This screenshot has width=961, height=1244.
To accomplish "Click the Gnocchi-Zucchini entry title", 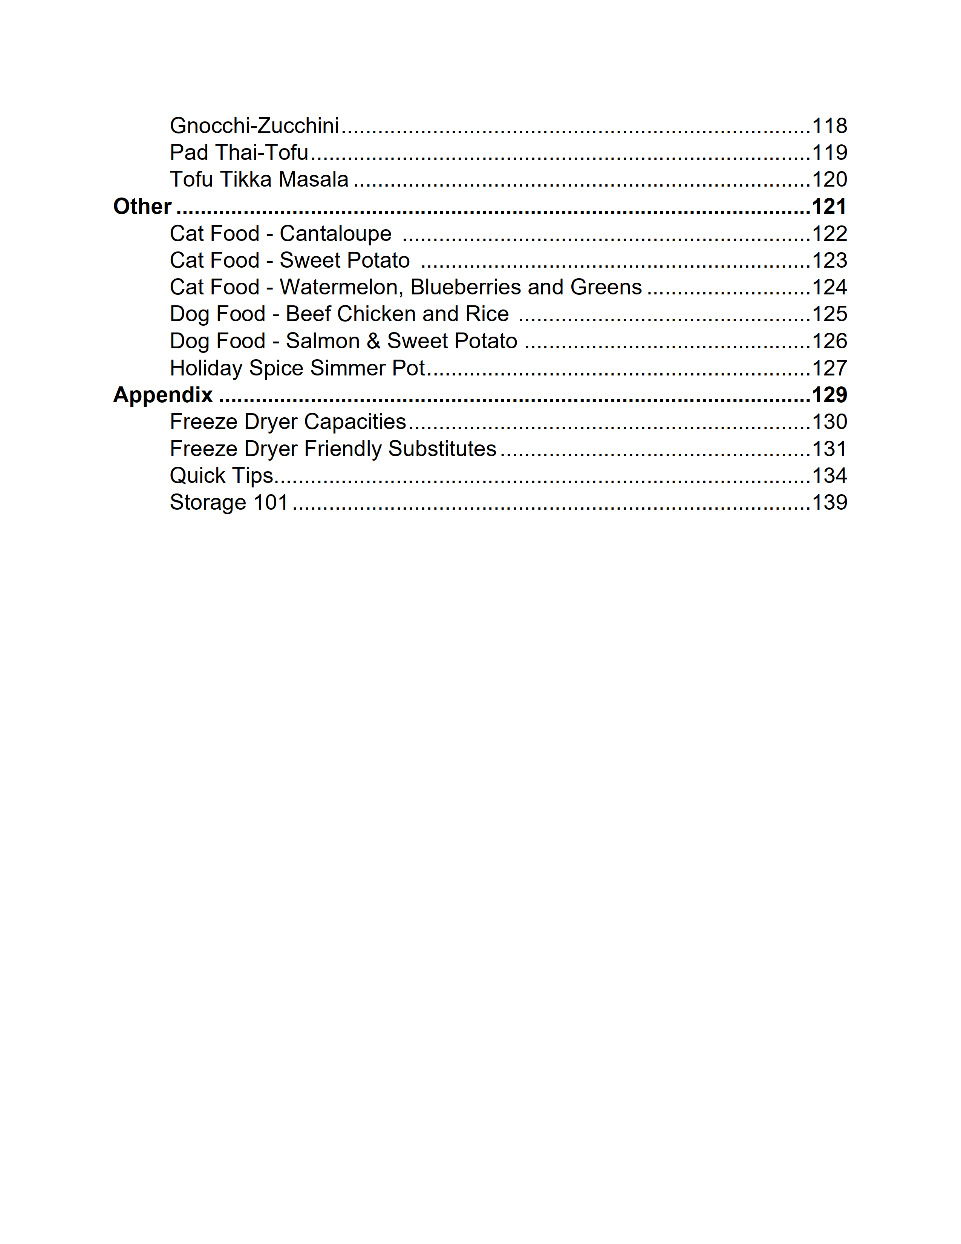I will tap(254, 126).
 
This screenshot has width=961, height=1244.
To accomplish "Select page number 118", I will tap(829, 126).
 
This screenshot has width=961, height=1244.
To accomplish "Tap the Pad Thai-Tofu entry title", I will tap(239, 153).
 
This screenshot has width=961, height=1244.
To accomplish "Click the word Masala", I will tap(313, 179).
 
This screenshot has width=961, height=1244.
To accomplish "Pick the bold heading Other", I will tap(142, 206).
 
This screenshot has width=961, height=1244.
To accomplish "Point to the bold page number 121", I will tap(829, 206).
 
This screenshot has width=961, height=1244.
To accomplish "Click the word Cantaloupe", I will tap(335, 234).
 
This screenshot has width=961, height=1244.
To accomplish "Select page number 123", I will tap(829, 260).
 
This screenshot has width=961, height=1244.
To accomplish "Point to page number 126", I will tap(829, 341).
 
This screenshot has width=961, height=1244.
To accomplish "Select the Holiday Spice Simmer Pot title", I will tap(297, 368).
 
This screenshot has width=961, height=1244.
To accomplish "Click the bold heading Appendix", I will tap(163, 395).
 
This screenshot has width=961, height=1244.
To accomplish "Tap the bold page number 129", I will tap(829, 395).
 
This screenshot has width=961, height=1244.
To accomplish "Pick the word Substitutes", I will tap(442, 449).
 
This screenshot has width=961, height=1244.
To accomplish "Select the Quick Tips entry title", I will tap(222, 476).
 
